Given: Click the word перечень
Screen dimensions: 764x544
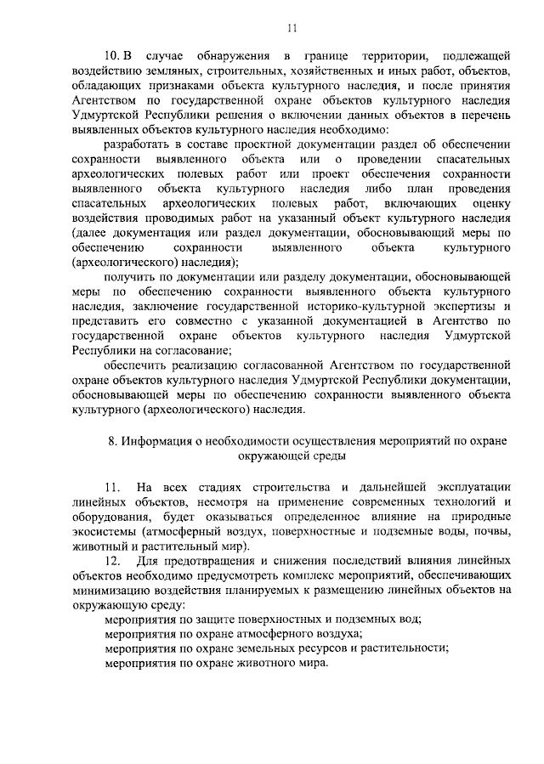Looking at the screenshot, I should (x=484, y=116).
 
